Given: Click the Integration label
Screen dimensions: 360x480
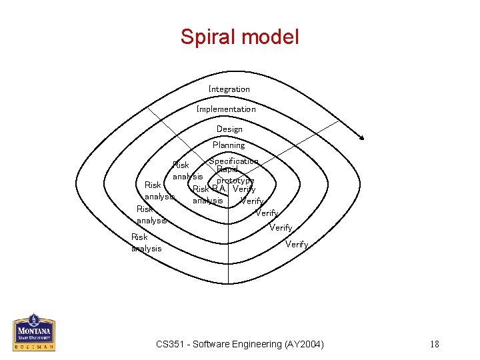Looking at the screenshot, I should click(x=229, y=89).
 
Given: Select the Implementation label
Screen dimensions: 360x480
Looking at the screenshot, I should click(x=226, y=109).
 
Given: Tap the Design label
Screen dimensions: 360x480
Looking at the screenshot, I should click(x=229, y=129).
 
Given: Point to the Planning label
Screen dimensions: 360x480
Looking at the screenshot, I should click(x=229, y=145).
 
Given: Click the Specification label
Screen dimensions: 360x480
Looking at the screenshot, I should click(x=233, y=161).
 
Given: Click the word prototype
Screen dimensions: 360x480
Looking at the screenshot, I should click(x=235, y=181).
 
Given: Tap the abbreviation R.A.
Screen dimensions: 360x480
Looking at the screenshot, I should click(x=219, y=189).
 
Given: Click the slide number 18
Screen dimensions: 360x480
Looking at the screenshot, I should click(x=435, y=344).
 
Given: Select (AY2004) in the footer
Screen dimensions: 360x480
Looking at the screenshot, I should click(x=304, y=344).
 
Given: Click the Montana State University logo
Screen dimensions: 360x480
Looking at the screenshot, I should click(x=34, y=332).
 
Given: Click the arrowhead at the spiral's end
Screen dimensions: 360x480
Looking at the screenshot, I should click(x=361, y=137).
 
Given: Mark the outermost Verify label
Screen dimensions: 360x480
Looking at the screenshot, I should click(x=297, y=245).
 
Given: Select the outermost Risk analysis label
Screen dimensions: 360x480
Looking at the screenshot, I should click(x=147, y=243).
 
